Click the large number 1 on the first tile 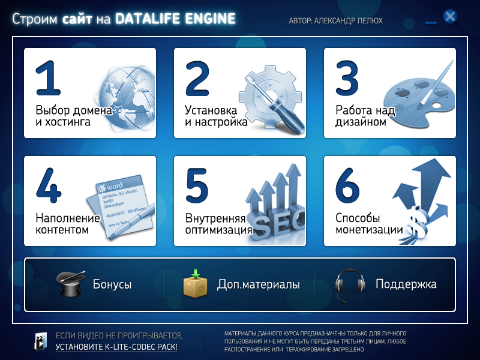coord(49,79)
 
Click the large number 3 coord(347,79)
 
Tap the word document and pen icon coord(124,208)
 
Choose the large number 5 coord(197,187)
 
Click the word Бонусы coord(112,284)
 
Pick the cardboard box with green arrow coord(196,284)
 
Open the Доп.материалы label coord(258,284)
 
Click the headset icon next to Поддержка coord(350,284)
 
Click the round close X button coord(450,16)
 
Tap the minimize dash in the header coord(430,22)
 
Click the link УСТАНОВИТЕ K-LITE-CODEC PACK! coord(116,347)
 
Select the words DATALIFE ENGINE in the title coord(175,19)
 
